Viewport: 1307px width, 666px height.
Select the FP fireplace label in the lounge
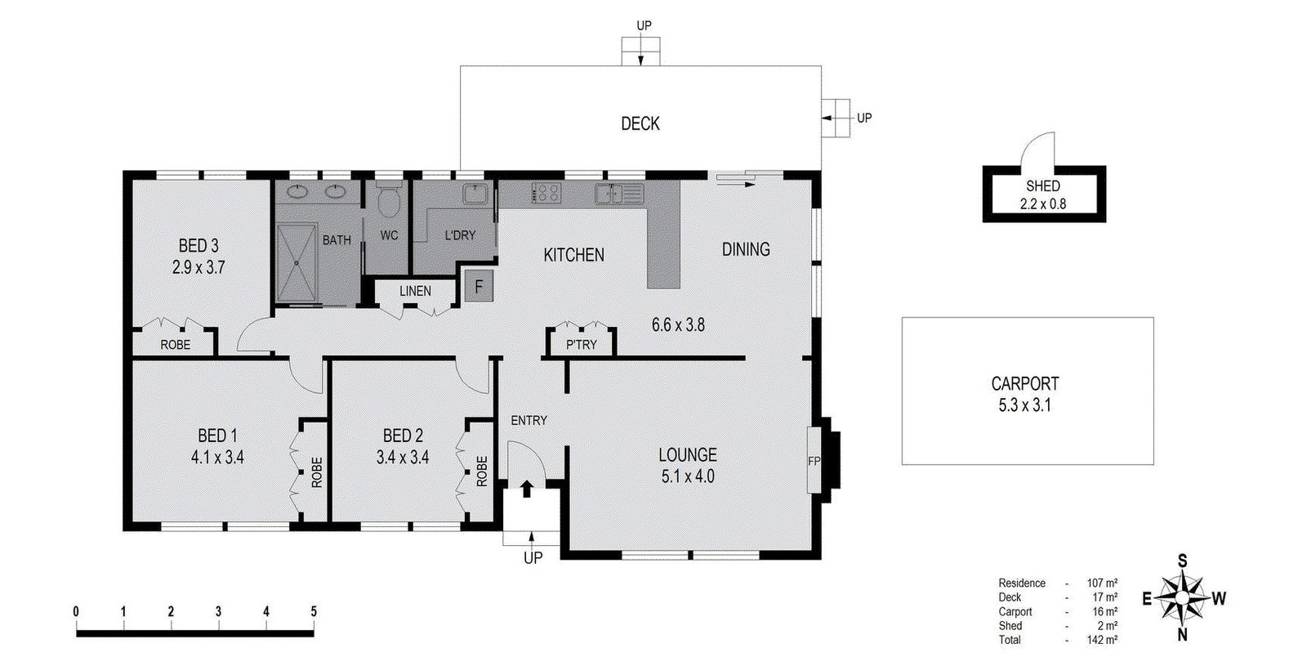814,461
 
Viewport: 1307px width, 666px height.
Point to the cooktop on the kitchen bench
546,194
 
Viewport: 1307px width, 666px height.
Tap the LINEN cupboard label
415,291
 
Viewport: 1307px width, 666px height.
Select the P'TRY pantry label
581,345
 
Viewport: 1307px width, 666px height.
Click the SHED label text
1043,186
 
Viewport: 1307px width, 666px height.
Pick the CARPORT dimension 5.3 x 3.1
1025,405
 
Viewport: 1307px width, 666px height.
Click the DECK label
640,124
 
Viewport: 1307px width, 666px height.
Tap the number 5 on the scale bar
314,611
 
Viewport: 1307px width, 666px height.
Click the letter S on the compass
1182,561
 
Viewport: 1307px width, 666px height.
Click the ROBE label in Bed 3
175,345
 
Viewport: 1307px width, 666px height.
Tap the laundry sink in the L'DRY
475,194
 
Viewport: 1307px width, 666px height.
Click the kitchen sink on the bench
608,194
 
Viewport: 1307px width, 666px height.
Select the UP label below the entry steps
533,558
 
